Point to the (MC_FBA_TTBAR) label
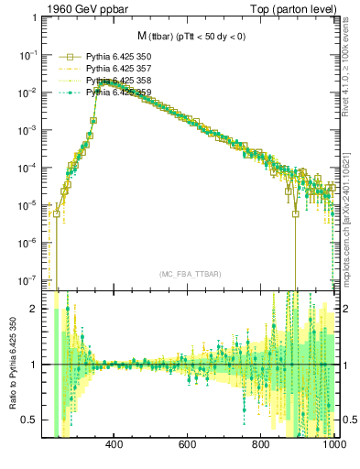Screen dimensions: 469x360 click(x=191, y=274)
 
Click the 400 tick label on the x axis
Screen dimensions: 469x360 click(x=115, y=446)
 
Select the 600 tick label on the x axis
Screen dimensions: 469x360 click(x=188, y=446)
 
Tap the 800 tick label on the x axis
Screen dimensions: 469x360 click(x=261, y=446)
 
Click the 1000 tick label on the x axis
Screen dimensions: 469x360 click(x=332, y=446)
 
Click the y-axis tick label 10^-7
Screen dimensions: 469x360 click(x=28, y=279)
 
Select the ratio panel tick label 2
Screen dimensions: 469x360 click(x=34, y=309)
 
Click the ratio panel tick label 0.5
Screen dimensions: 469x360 click(x=30, y=420)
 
